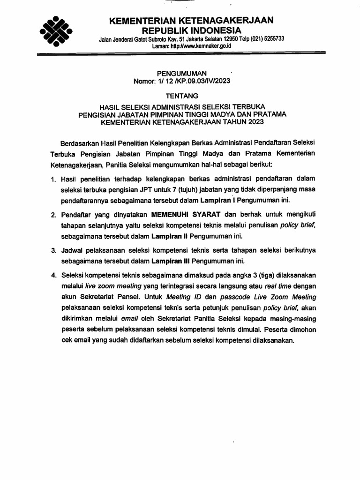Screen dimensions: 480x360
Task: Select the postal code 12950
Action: click(x=224, y=40)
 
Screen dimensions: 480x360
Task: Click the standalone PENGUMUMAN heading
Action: click(x=180, y=73)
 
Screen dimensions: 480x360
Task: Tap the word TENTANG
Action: click(x=180, y=95)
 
